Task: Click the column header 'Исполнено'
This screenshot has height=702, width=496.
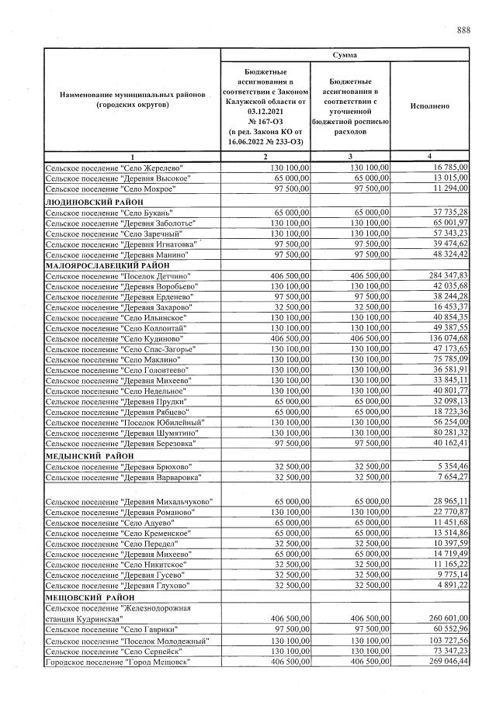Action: pos(428,105)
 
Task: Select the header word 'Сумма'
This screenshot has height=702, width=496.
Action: pos(345,56)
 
